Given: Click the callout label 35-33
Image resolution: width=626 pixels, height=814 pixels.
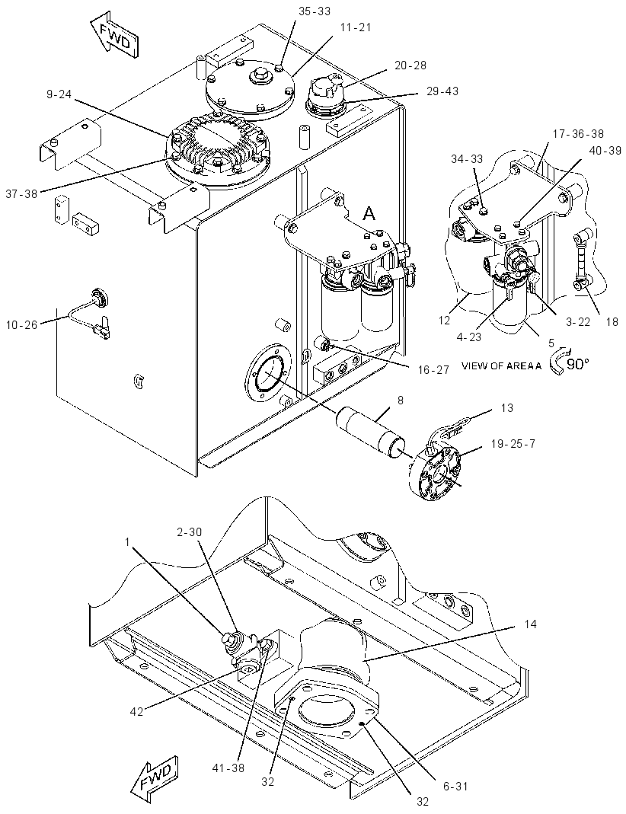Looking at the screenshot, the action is point(315,11).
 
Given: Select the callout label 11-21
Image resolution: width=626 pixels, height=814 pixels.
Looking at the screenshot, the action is point(356,27).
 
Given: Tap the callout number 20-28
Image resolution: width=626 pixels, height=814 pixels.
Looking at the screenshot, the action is point(410,65).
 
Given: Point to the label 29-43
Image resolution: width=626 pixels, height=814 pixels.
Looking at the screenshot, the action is point(442,91).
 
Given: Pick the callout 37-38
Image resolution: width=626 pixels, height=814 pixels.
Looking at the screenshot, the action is point(21,193).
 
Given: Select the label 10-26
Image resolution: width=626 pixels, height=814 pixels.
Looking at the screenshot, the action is point(21,325).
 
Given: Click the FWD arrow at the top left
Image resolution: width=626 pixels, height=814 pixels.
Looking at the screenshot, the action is point(114,35).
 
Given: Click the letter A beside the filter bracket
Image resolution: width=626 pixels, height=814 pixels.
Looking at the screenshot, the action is point(369,213).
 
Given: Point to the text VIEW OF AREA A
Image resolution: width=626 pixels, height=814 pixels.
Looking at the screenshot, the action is point(501,366).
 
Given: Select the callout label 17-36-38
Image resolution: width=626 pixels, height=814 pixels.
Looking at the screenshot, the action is point(578,134).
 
